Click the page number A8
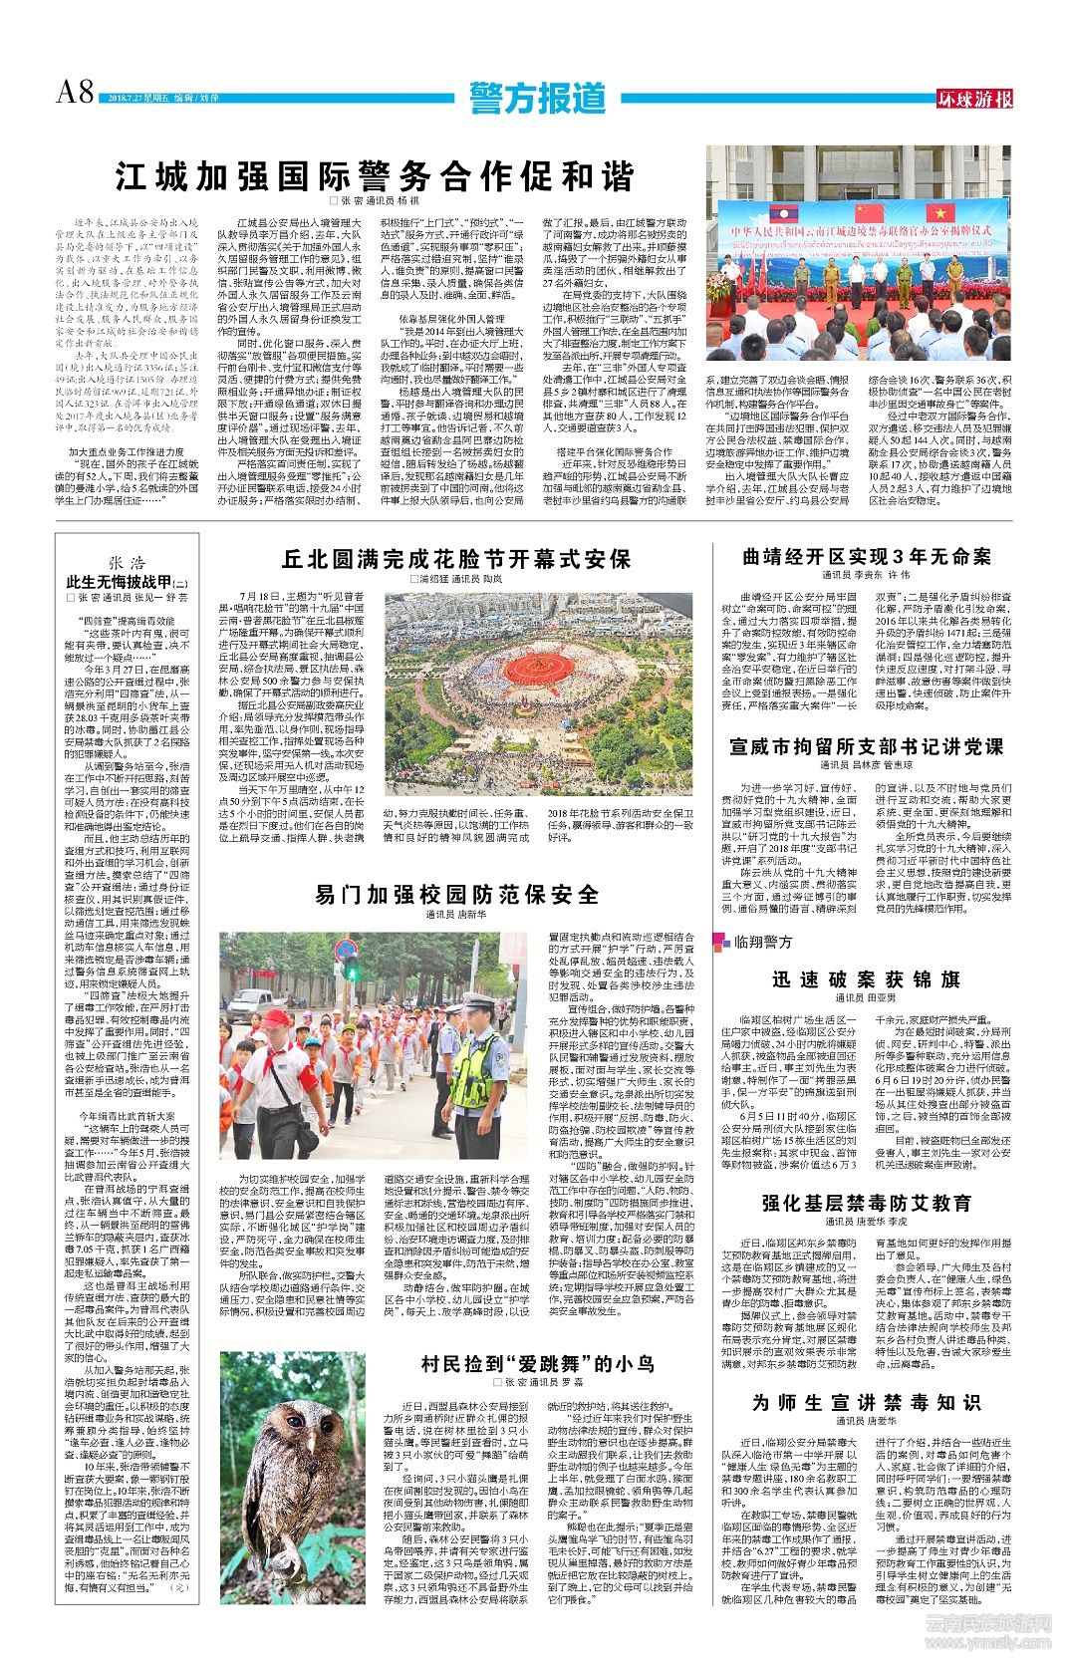74,92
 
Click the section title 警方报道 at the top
538,98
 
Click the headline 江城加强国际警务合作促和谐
375,176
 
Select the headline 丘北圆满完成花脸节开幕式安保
455,559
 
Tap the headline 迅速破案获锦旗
866,979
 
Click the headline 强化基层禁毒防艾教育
866,1203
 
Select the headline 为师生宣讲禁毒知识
866,1402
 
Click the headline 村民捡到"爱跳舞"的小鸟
537,1363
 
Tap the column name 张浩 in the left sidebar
127,563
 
